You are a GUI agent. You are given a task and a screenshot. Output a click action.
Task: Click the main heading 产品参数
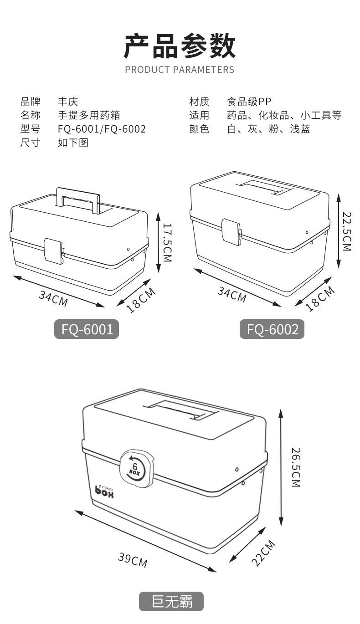(180, 46)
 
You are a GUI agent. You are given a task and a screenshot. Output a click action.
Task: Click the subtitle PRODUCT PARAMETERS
(180, 70)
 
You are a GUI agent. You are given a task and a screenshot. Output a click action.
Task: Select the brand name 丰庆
(67, 102)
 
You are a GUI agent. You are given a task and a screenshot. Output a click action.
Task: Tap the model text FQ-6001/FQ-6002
(102, 129)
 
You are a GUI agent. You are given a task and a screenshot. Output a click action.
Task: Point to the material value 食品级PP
(249, 102)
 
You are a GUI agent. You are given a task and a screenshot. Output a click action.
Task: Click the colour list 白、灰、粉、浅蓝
(268, 129)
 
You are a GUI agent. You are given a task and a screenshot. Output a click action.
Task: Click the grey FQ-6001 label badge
(87, 329)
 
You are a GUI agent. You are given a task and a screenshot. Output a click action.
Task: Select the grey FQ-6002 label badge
(272, 329)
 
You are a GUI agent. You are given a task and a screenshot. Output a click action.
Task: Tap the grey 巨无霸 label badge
(171, 601)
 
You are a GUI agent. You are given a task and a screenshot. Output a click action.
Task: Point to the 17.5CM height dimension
(167, 242)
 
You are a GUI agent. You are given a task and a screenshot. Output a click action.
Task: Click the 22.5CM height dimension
(347, 231)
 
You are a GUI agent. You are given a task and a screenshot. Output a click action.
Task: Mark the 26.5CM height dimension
(296, 467)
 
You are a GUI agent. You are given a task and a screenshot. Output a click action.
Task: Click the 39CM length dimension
(133, 560)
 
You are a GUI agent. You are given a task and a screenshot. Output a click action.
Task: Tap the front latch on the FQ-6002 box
(231, 231)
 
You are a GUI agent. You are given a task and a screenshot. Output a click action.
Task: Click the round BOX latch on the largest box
(136, 467)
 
